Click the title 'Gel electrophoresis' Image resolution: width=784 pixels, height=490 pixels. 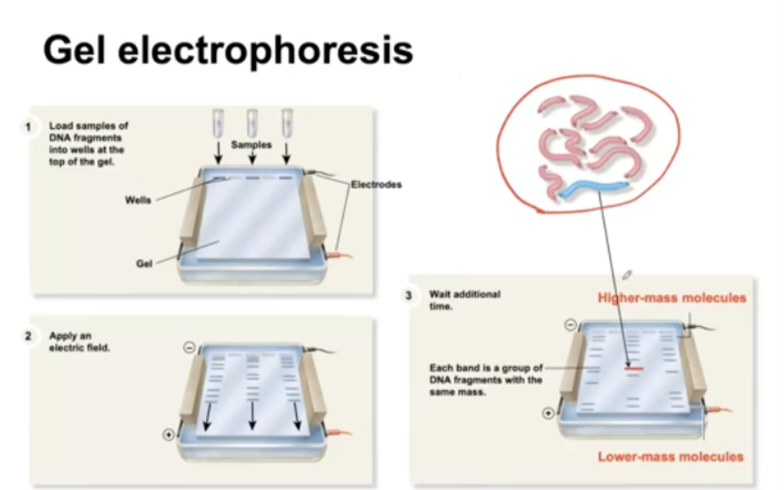pyautogui.click(x=228, y=50)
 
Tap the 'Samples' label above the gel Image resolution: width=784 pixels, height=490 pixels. pyautogui.click(x=251, y=145)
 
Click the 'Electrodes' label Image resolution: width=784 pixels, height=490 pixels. pyautogui.click(x=376, y=184)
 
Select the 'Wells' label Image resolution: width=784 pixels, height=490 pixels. pyautogui.click(x=138, y=200)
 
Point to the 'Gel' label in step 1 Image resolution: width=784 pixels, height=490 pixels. pyautogui.click(x=144, y=264)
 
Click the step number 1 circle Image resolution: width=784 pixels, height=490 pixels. pyautogui.click(x=28, y=126)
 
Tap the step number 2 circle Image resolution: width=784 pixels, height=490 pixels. pyautogui.click(x=28, y=336)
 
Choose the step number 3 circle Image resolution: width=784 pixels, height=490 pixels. pyautogui.click(x=409, y=295)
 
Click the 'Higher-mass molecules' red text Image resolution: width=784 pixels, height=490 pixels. pyautogui.click(x=672, y=298)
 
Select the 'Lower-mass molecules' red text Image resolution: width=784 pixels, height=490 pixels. pyautogui.click(x=671, y=457)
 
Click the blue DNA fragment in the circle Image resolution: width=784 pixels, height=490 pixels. pyautogui.click(x=593, y=188)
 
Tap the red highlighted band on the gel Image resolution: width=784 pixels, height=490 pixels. pyautogui.click(x=634, y=369)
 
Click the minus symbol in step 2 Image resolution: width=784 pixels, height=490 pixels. pyautogui.click(x=189, y=347)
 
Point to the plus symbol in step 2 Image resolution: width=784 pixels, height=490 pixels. pyautogui.click(x=168, y=434)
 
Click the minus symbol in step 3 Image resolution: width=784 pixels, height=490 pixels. pyautogui.click(x=571, y=325)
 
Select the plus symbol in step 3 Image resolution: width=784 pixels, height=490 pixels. pyautogui.click(x=548, y=413)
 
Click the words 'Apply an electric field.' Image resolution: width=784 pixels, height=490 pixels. pyautogui.click(x=79, y=342)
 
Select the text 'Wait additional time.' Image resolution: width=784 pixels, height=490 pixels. pyautogui.click(x=464, y=300)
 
